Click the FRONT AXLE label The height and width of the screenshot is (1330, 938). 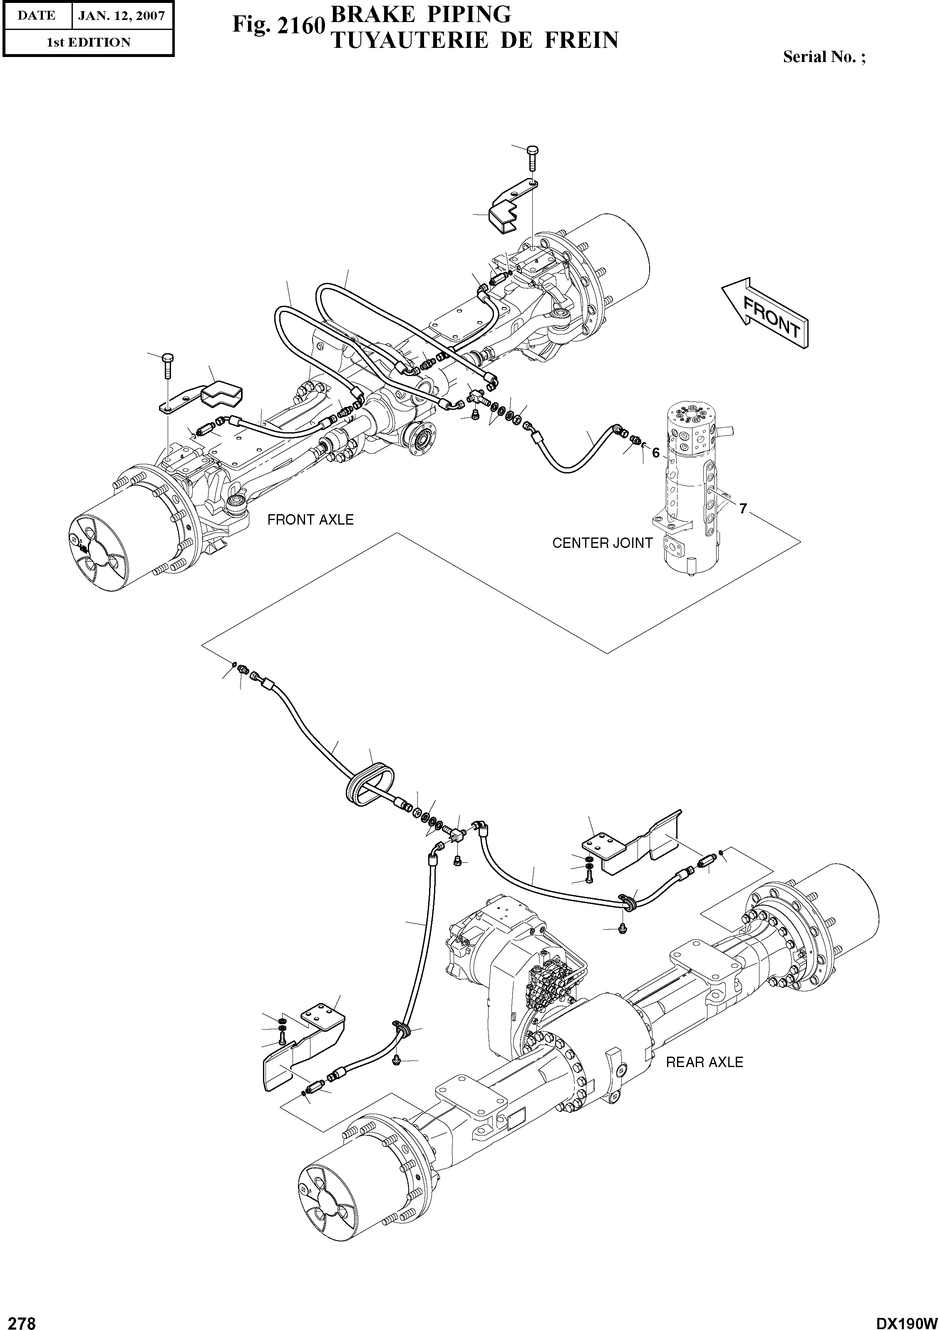[x=310, y=520]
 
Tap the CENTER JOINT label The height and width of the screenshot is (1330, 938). [x=602, y=543]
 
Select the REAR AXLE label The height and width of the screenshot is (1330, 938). [x=704, y=1062]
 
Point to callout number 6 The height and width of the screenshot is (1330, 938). [x=655, y=453]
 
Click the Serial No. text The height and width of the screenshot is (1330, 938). [x=824, y=57]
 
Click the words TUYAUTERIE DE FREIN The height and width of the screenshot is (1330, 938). [x=473, y=40]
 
